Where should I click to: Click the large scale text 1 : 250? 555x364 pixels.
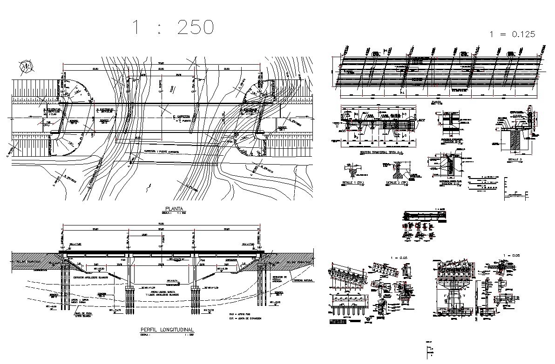click(173, 27)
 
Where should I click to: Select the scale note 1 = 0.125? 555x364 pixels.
click(513, 34)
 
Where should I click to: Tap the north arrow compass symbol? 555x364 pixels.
click(25, 67)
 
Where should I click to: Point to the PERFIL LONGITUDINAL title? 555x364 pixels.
click(167, 330)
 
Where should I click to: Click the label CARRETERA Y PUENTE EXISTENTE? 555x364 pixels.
click(161, 152)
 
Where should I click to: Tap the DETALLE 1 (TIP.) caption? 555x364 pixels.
click(353, 183)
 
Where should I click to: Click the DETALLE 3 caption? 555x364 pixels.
click(515, 159)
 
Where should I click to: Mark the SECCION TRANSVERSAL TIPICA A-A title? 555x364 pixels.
click(382, 152)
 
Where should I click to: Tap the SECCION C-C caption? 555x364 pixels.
click(449, 183)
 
